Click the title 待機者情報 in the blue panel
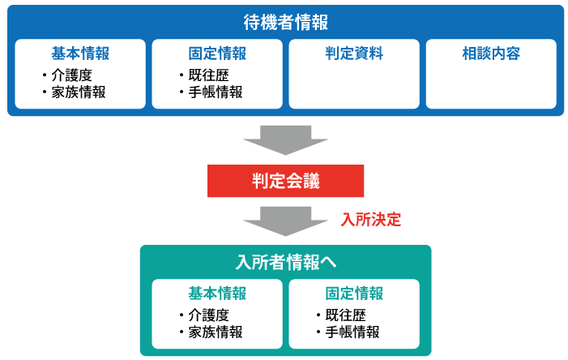(x=285, y=22)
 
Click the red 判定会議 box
(x=285, y=182)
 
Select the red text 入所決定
(x=371, y=220)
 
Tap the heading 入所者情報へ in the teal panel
(x=285, y=263)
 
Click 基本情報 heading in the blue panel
(x=80, y=54)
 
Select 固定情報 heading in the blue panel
(x=217, y=54)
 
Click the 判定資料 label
(x=354, y=54)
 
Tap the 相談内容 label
(x=490, y=54)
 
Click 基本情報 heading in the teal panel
(x=217, y=294)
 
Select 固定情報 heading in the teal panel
(x=354, y=294)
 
